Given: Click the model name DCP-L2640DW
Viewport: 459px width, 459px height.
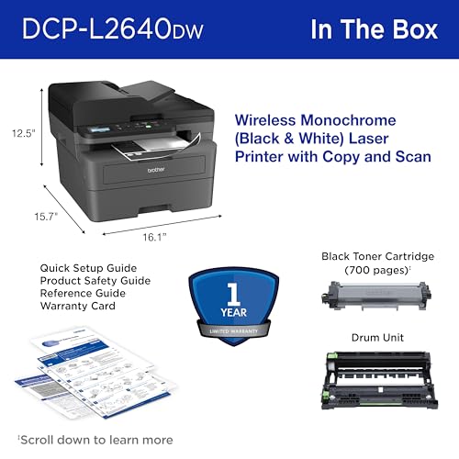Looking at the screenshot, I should (x=110, y=29).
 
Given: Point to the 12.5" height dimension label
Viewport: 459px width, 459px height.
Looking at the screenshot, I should (x=23, y=132).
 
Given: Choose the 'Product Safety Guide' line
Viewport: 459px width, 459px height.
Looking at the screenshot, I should (x=95, y=280).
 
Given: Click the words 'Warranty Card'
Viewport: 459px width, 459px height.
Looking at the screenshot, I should (x=77, y=306).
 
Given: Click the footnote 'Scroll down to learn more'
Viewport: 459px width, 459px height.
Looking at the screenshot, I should (x=95, y=438).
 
